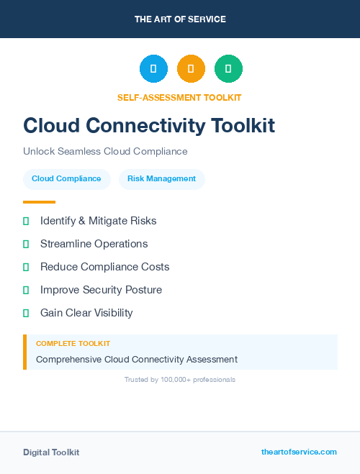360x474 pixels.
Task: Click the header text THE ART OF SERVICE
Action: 180,19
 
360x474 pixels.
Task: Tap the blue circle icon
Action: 153,69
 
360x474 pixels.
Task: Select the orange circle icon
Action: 191,69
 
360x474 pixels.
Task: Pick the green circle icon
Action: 228,69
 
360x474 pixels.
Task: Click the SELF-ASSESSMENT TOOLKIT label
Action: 179,97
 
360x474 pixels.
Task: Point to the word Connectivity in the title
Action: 135,125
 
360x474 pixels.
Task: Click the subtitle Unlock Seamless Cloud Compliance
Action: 105,152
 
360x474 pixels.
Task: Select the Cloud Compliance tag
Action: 66,179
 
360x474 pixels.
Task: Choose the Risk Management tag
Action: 161,179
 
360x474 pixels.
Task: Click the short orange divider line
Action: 39,202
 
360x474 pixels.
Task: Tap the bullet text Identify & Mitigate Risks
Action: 98,221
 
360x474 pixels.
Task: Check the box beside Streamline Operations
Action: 26,244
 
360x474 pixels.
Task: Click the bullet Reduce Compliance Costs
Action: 104,267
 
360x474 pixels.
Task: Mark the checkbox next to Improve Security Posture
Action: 26,290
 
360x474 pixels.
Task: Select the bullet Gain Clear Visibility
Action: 86,313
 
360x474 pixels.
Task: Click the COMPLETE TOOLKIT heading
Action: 73,344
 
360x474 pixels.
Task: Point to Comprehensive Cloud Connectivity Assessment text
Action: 137,359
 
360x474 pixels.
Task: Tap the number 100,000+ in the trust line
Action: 176,379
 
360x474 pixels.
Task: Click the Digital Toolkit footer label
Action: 51,452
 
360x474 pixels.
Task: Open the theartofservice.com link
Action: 299,452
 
